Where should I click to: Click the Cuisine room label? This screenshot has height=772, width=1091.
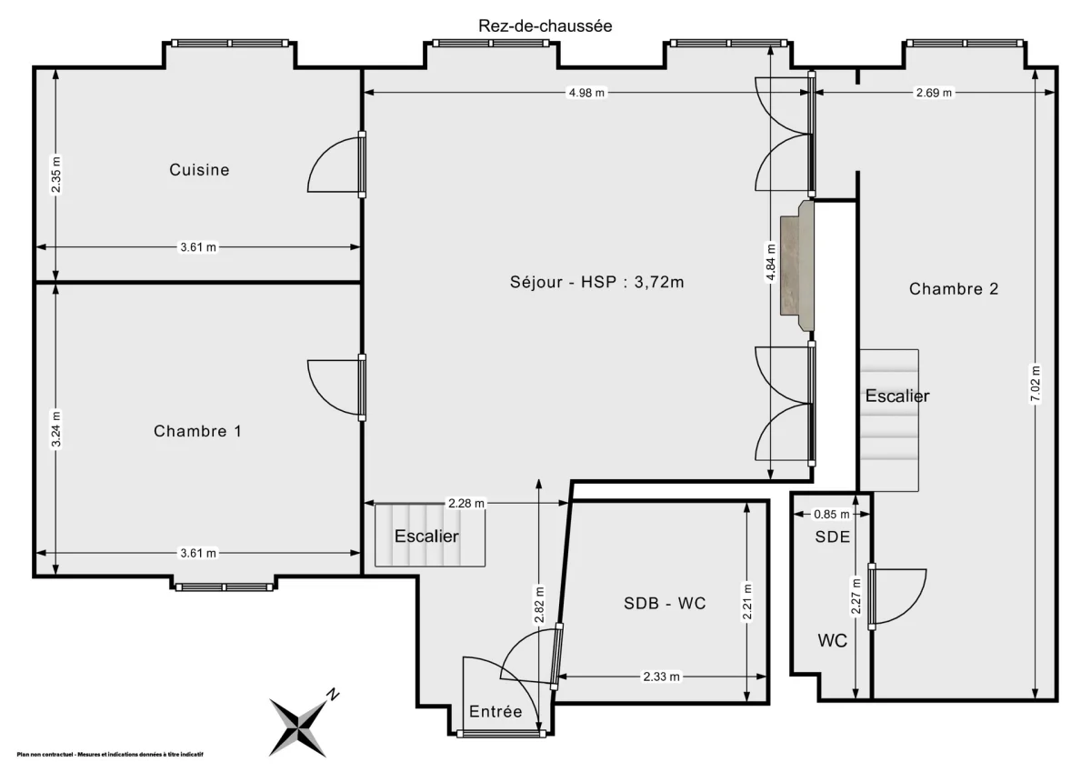click(x=199, y=170)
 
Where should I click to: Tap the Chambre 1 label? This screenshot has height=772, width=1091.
click(x=197, y=431)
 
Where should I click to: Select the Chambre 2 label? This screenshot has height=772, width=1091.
click(x=954, y=289)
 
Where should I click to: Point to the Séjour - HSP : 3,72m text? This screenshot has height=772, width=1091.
click(x=596, y=282)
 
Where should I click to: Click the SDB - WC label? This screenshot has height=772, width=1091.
click(x=665, y=603)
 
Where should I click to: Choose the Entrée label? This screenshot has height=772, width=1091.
click(x=495, y=712)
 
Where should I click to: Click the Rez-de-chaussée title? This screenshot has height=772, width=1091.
click(x=545, y=26)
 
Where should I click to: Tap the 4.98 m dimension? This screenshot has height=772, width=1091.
click(x=586, y=93)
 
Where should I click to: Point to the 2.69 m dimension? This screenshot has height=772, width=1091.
click(x=934, y=93)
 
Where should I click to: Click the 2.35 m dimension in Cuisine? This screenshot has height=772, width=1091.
click(x=56, y=175)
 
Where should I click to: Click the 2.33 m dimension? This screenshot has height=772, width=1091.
click(x=661, y=677)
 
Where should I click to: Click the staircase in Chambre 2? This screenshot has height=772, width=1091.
click(x=889, y=420)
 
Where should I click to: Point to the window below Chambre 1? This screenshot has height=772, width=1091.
click(x=225, y=587)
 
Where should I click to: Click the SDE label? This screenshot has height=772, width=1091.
click(x=832, y=536)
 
